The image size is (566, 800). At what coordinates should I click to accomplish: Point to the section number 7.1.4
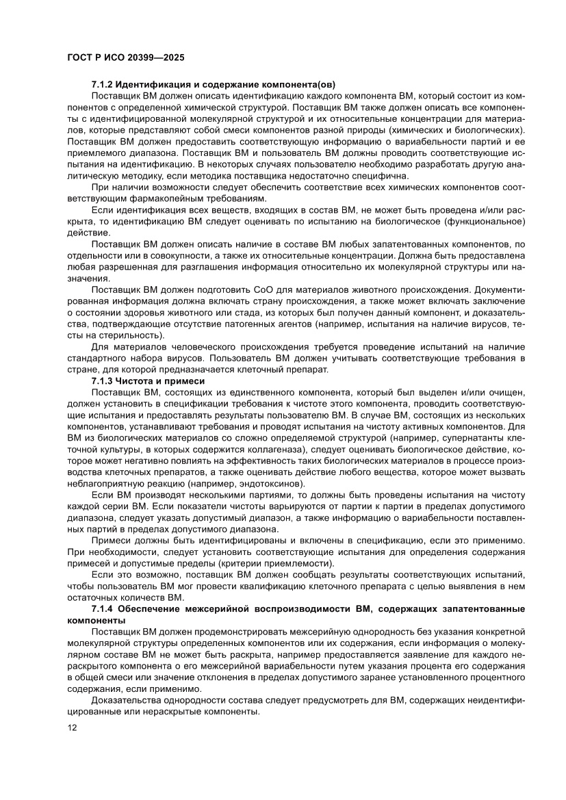coord(105,608)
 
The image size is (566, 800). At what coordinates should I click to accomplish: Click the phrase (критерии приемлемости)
coord(276,563)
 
